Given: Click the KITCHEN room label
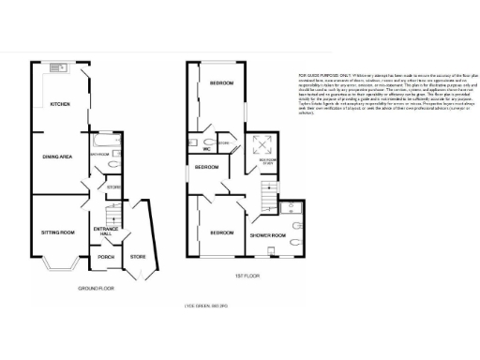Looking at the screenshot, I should (59, 104).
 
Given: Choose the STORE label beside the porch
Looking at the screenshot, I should (138, 256).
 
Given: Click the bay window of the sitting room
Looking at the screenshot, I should (59, 271).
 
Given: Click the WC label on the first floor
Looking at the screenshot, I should (205, 148).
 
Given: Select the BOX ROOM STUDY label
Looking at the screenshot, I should (267, 160).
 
